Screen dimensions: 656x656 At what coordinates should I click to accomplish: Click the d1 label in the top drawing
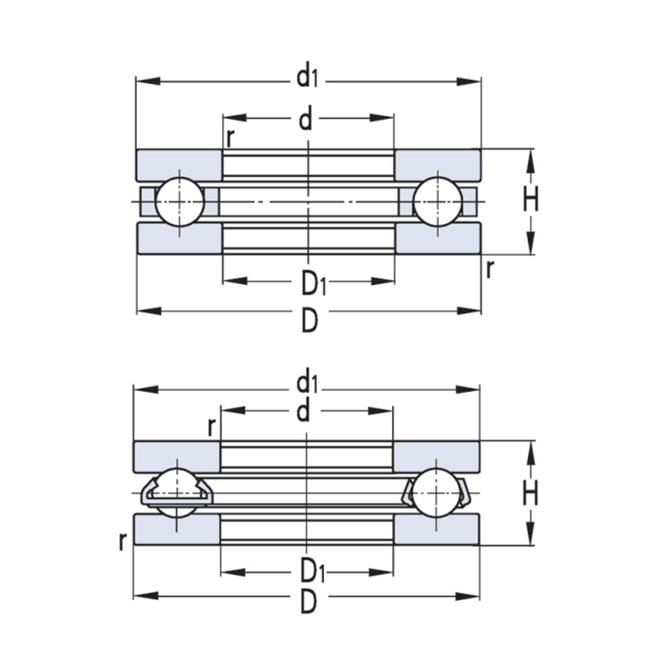coord(307,76)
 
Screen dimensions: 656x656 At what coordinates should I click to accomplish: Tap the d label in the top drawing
coord(306,119)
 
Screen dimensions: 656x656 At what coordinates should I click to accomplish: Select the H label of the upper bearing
coord(531,198)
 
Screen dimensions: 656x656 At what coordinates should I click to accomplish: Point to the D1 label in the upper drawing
coord(313,283)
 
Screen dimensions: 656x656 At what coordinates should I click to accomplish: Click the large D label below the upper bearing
coord(310,321)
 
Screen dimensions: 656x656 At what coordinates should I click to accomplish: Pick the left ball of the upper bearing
coord(180,202)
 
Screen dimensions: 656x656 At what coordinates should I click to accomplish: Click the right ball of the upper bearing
coord(438,202)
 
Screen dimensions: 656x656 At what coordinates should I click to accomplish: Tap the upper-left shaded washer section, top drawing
coord(179,165)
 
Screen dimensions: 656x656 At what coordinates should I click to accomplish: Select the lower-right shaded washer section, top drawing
coord(438,238)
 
